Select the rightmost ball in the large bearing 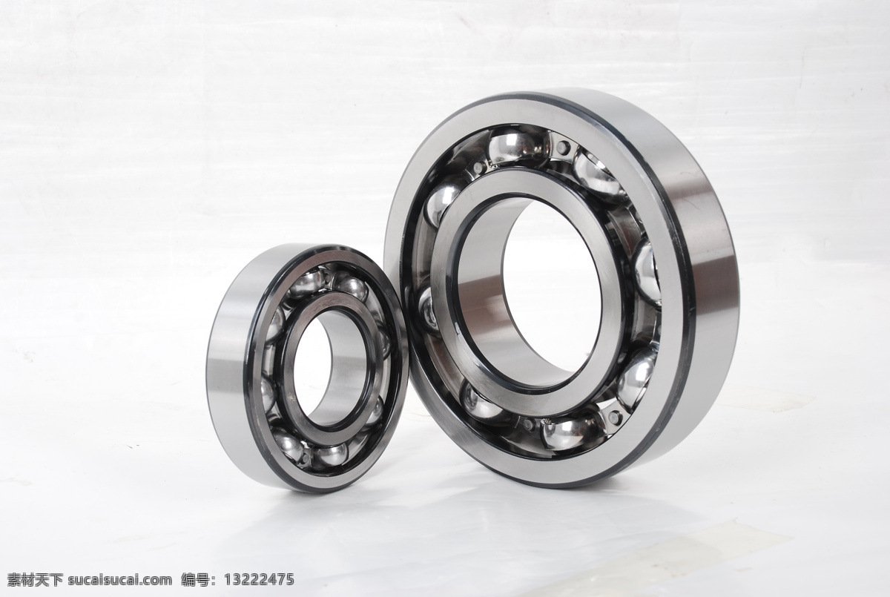[647, 274]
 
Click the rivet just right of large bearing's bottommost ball [615, 417]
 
